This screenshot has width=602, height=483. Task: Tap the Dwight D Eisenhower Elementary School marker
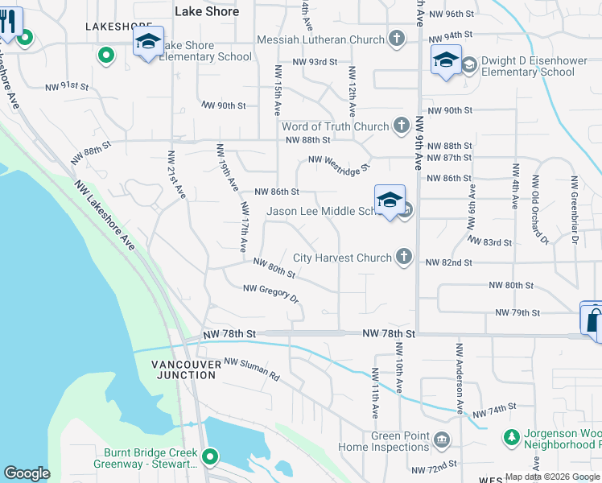(445, 60)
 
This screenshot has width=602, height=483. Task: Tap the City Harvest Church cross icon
(404, 258)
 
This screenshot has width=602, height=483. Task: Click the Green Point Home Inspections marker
(442, 440)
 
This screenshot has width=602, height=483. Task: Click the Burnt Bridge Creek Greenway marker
(210, 457)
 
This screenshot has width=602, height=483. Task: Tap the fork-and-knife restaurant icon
(9, 22)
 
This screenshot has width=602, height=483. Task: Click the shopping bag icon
(592, 320)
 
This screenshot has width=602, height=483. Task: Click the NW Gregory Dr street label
(270, 294)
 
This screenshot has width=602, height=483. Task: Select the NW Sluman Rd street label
(251, 369)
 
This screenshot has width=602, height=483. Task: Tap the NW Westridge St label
(338, 164)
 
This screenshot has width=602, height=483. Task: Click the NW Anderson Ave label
(460, 379)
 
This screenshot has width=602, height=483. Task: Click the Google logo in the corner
(27, 473)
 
